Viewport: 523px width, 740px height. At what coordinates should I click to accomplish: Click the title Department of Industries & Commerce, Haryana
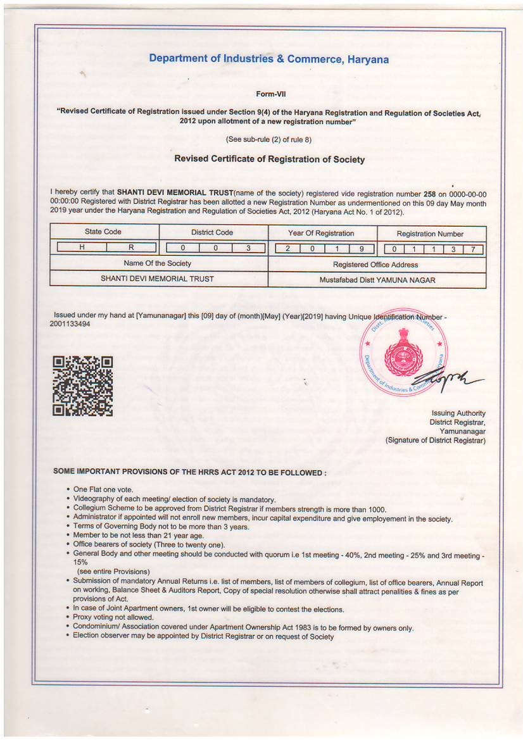tap(268, 60)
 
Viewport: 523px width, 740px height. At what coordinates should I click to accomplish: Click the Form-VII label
tap(270, 94)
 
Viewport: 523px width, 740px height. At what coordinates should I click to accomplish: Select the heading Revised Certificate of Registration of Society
tap(269, 160)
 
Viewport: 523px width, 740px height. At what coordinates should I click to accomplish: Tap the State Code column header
tap(103, 232)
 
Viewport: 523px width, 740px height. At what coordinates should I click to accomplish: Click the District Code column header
tap(212, 232)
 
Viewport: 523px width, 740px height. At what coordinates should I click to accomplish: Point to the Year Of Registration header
tap(321, 233)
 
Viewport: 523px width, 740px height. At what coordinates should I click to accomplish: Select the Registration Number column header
tap(430, 234)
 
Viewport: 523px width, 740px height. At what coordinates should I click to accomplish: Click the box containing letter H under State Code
tap(81, 248)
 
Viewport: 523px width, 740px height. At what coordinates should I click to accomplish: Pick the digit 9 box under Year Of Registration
tap(361, 249)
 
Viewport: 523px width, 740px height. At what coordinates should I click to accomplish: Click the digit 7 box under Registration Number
tap(473, 249)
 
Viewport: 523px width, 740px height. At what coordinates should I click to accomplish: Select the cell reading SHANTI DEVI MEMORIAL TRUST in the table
tap(158, 279)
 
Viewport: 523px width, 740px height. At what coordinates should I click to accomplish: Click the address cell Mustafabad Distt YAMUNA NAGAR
tap(377, 279)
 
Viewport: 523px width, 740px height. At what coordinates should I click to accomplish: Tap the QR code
tap(83, 386)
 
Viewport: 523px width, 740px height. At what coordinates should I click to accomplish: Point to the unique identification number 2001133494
tap(70, 323)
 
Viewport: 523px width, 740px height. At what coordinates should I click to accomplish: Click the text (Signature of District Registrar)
tap(436, 440)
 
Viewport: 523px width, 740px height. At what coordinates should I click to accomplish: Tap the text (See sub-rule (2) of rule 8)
tap(268, 139)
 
